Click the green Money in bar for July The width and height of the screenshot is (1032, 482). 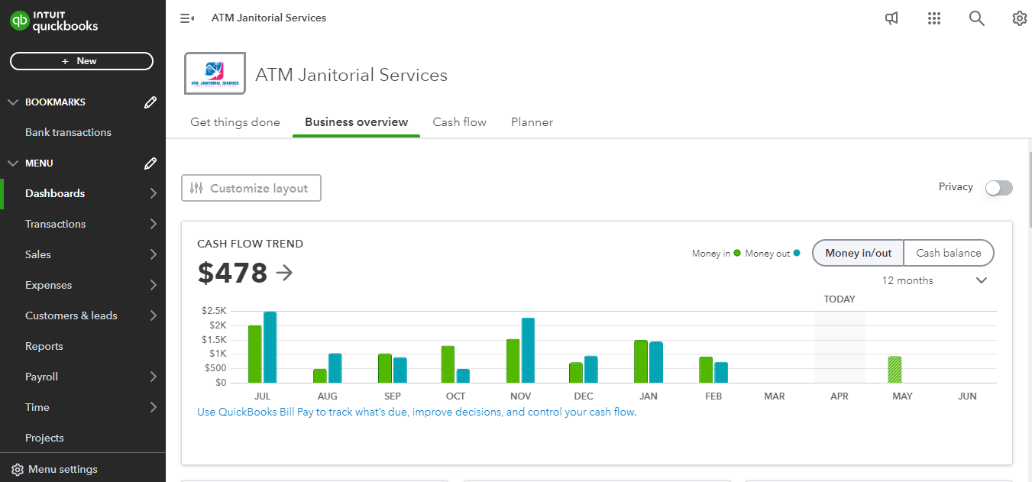click(x=254, y=354)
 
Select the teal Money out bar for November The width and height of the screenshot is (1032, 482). click(x=528, y=350)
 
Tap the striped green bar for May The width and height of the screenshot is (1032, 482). click(x=895, y=370)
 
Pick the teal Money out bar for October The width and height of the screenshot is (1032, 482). click(x=463, y=376)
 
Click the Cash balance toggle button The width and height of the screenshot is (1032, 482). click(x=948, y=253)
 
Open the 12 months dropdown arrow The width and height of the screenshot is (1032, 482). click(x=982, y=280)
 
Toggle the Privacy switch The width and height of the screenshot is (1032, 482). click(x=998, y=188)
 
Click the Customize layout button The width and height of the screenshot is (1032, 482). click(x=251, y=188)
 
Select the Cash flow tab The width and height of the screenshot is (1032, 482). click(x=459, y=122)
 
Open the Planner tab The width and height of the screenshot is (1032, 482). click(x=532, y=122)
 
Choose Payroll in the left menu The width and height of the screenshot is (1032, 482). click(x=42, y=377)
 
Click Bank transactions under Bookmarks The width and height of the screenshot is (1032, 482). click(x=68, y=132)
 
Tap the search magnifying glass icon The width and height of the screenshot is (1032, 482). click(x=976, y=18)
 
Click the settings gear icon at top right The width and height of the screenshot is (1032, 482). click(x=1019, y=18)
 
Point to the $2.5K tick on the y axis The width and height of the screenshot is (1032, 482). click(x=214, y=311)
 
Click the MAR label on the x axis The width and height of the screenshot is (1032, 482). click(x=775, y=396)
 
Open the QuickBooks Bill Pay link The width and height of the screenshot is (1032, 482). click(x=416, y=412)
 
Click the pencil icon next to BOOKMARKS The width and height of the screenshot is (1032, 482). click(x=150, y=102)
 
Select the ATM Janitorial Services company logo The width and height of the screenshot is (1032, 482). click(x=215, y=73)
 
